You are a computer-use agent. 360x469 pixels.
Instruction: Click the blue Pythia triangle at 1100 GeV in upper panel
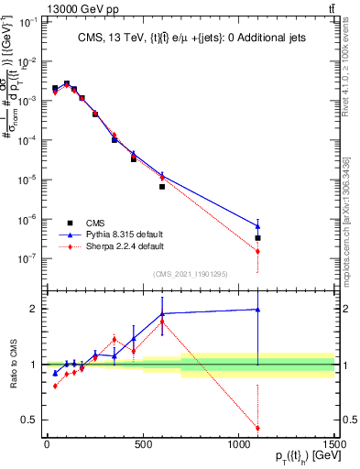coord(258,225)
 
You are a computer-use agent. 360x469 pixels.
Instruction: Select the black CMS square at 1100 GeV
coord(258,238)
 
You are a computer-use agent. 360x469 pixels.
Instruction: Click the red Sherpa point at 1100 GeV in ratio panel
coord(258,428)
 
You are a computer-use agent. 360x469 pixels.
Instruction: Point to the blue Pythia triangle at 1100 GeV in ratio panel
coord(258,310)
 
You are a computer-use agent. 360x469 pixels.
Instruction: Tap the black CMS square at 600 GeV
coord(162,186)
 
